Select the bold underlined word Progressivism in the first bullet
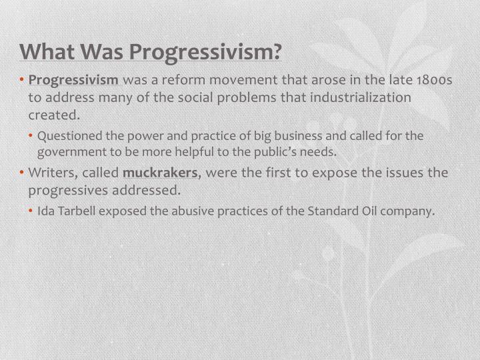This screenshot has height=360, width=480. (x=73, y=81)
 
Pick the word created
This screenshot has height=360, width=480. (x=53, y=114)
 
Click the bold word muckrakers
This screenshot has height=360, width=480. (x=160, y=173)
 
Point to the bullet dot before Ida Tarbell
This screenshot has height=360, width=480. (x=32, y=212)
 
